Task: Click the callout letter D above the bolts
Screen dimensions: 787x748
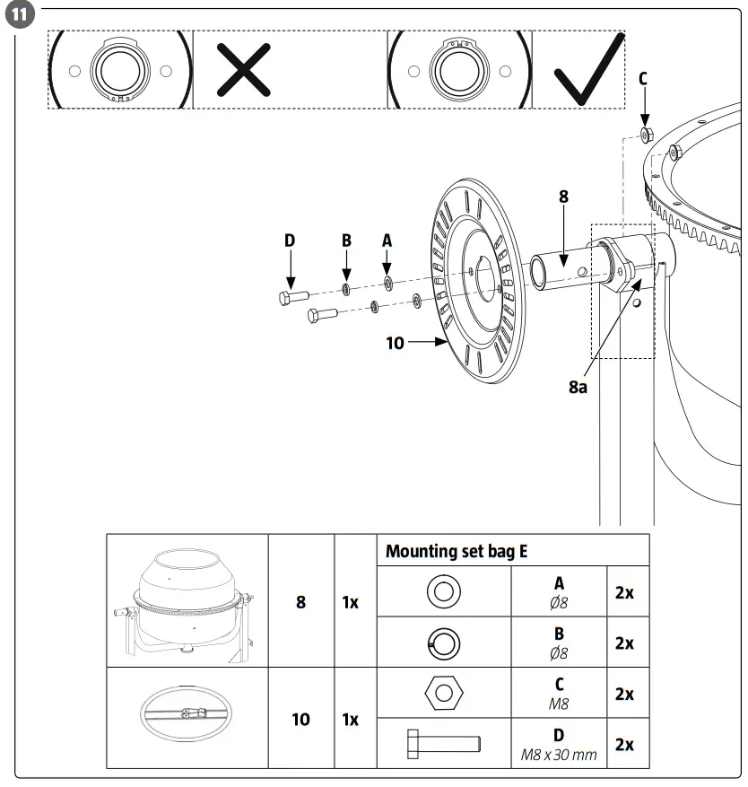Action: [x=290, y=240]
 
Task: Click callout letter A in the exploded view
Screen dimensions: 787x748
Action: [x=387, y=240]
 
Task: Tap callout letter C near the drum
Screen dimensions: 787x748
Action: [x=642, y=79]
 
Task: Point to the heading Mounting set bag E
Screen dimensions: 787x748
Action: [x=456, y=551]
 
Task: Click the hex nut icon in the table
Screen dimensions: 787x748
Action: [x=445, y=694]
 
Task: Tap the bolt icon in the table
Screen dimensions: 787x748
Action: [x=444, y=743]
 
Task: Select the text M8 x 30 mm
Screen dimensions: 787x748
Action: [x=559, y=755]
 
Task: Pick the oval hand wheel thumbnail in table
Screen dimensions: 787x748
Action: [x=187, y=717]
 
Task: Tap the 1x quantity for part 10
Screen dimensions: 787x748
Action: [x=351, y=719]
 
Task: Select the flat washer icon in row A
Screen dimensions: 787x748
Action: [x=444, y=591]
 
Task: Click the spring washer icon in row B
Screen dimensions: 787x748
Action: [x=444, y=643]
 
